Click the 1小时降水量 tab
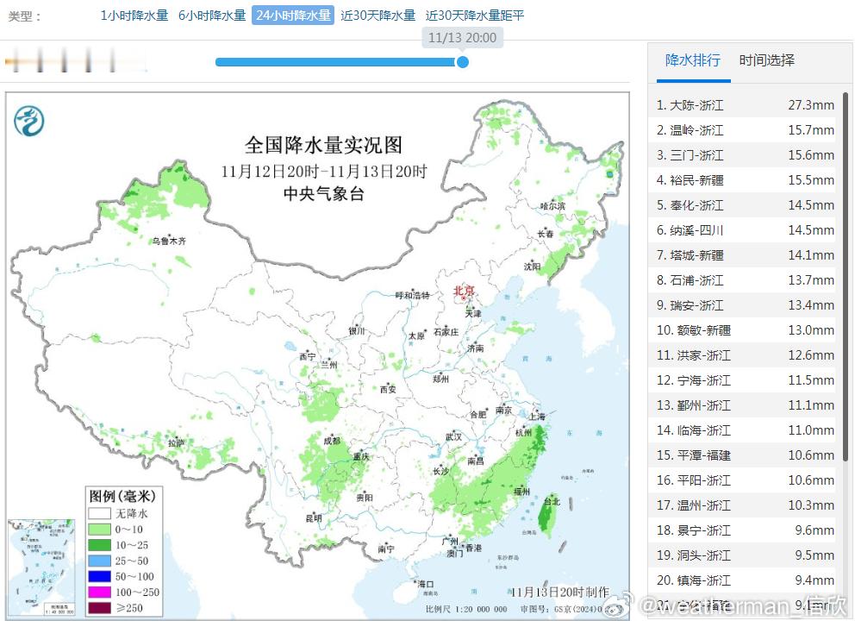coord(134,16)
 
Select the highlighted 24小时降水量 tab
coord(292,16)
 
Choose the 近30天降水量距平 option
coord(475,16)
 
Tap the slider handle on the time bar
coord(462,62)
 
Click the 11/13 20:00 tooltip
coord(462,38)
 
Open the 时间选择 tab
coord(766,60)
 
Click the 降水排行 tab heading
coord(692,60)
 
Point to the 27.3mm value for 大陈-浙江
coord(810,105)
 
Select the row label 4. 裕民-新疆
coord(690,180)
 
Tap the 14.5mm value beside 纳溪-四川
coord(810,230)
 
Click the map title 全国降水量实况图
coord(323,145)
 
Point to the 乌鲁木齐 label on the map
coord(169,241)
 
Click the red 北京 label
coord(464,292)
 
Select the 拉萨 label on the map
coord(177,442)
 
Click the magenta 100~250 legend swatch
coord(99,593)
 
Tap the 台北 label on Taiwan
coord(552,502)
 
